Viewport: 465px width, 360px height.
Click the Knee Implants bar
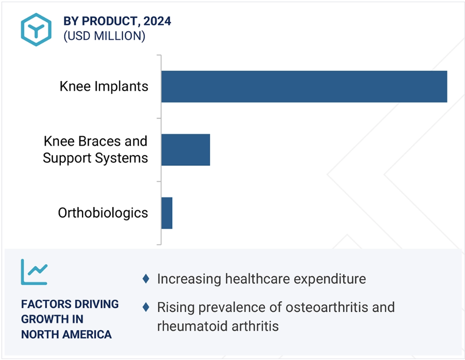point(304,87)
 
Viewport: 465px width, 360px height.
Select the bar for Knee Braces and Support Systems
point(185,150)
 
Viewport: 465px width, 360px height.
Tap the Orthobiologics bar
point(167,213)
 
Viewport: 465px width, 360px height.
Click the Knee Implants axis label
point(104,86)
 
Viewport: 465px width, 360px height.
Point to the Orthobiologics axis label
point(103,213)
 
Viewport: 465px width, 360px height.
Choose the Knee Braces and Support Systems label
point(95,150)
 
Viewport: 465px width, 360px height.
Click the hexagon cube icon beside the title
point(36,29)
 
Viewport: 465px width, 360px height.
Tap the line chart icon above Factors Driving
point(34,272)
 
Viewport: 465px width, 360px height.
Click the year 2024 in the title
point(157,21)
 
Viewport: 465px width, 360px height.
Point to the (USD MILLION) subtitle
point(104,36)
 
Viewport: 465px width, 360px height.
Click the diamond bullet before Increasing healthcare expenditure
point(146,279)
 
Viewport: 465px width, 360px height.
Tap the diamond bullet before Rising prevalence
point(146,307)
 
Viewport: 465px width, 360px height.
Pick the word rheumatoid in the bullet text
point(192,326)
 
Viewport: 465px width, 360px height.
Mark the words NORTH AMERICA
point(66,334)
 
